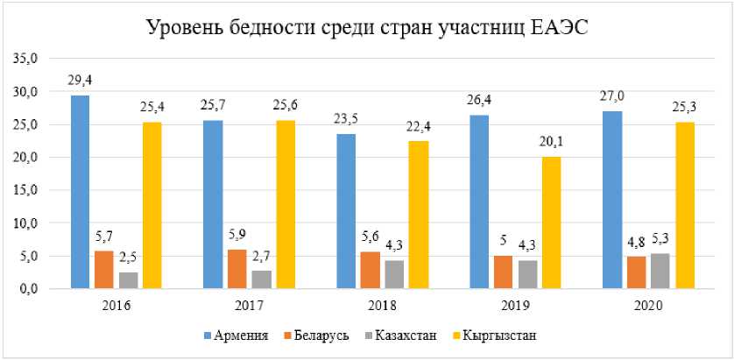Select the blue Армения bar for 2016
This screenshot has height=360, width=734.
tap(80, 192)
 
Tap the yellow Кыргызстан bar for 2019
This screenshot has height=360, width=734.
tap(551, 222)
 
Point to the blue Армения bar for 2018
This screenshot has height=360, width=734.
tap(346, 211)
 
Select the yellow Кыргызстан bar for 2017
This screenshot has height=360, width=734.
tap(285, 204)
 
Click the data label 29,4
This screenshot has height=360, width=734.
tap(80, 81)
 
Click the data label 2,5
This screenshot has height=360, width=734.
tap(129, 257)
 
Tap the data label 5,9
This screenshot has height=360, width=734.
tap(237, 235)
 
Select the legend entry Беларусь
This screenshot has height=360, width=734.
tap(316, 335)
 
